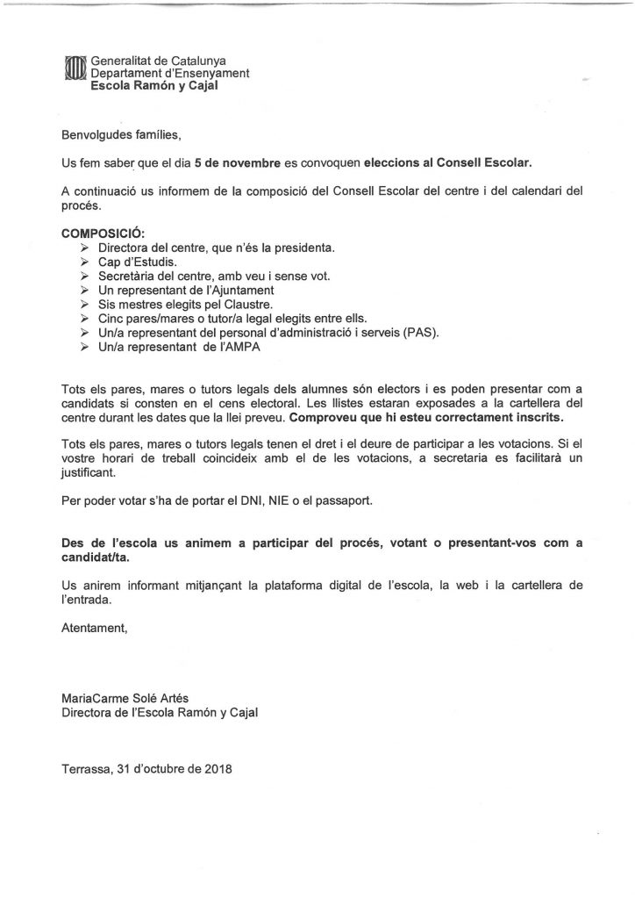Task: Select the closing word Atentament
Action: tap(94, 628)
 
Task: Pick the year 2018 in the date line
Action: tap(214, 768)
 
